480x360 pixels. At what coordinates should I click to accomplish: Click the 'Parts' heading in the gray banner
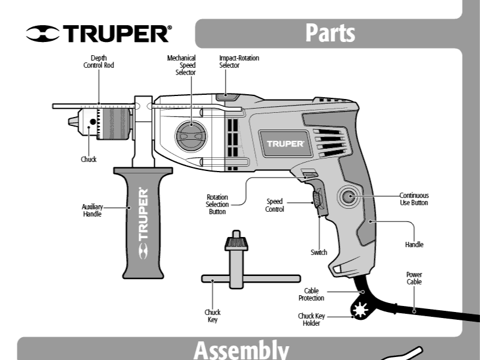(330, 32)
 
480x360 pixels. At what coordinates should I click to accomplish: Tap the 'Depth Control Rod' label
(98, 62)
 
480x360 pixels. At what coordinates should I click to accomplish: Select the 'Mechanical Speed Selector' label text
(181, 65)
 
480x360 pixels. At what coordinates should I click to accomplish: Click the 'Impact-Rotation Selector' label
(239, 62)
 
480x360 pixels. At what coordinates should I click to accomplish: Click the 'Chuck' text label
(89, 160)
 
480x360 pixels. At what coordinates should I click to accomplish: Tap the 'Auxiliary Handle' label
(92, 211)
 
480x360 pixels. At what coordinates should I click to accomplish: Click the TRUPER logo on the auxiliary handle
(143, 223)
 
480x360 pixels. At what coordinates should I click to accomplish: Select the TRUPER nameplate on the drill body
(286, 144)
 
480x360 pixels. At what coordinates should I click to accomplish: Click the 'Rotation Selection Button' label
(217, 204)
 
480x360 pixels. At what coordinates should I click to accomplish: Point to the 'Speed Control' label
(275, 205)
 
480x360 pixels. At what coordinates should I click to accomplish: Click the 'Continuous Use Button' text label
(414, 199)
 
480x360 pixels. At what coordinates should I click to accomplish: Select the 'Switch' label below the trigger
(319, 253)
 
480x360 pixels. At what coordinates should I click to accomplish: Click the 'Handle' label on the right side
(414, 245)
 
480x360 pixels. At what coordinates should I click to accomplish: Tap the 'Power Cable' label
(414, 278)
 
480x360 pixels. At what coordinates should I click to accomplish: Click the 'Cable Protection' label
(311, 294)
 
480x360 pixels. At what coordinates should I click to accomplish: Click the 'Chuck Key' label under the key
(212, 316)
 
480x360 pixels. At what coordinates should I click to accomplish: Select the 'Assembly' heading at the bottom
(241, 350)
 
